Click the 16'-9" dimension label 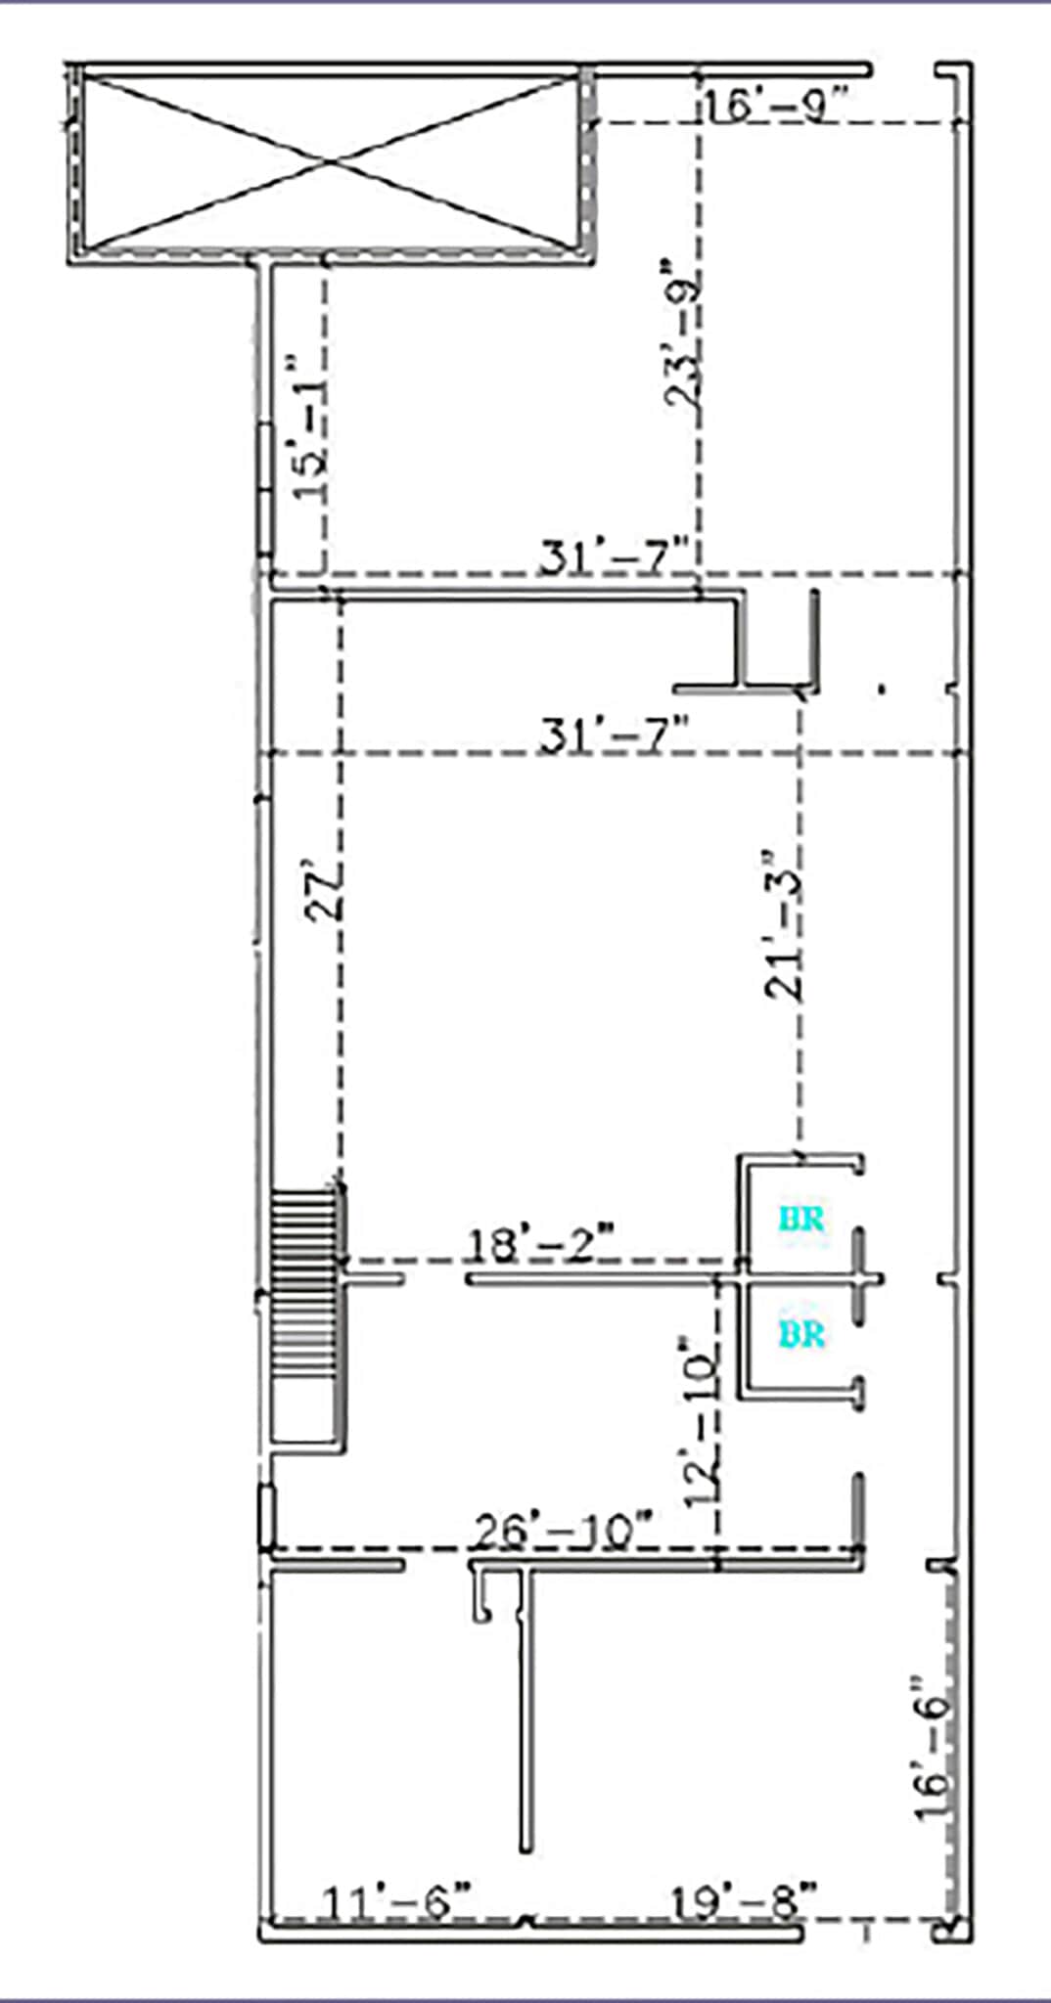(772, 104)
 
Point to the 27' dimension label (324, 889)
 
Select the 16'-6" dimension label (932, 1747)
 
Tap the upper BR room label (801, 1220)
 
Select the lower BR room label (801, 1334)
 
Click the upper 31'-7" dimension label (616, 558)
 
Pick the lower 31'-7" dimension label (616, 734)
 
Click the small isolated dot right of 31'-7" (883, 690)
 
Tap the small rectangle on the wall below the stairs (266, 1516)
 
